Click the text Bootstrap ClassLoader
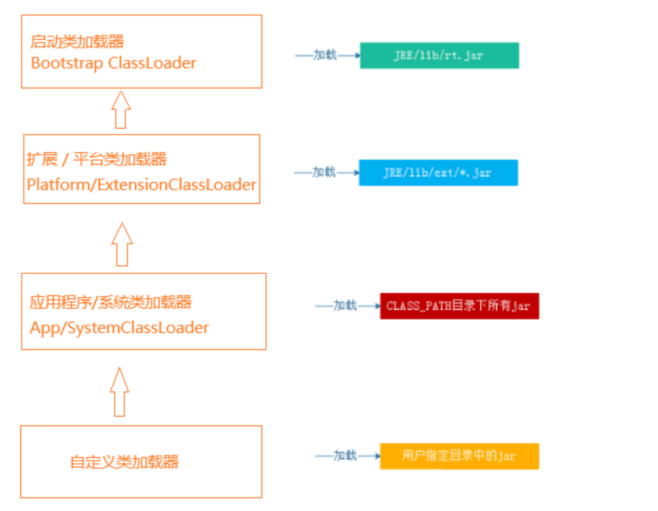pyautogui.click(x=114, y=63)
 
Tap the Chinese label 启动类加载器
pyautogui.click(x=78, y=42)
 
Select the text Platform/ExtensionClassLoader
pyautogui.click(x=142, y=184)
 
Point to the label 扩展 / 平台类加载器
pyautogui.click(x=97, y=160)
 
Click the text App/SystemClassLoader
pyautogui.click(x=119, y=327)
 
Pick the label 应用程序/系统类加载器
pyautogui.click(x=111, y=303)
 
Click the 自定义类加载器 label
pyautogui.click(x=124, y=462)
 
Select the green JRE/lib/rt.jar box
pyautogui.click(x=439, y=56)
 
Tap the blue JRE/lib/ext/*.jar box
pyautogui.click(x=438, y=173)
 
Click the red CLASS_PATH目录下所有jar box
pyautogui.click(x=459, y=306)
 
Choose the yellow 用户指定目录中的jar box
pyautogui.click(x=459, y=456)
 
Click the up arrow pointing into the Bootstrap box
pyautogui.click(x=121, y=109)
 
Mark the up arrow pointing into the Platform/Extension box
pyautogui.click(x=122, y=244)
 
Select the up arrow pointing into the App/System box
pyautogui.click(x=120, y=392)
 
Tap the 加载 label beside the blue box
pyautogui.click(x=324, y=172)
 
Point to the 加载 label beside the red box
pyautogui.click(x=345, y=306)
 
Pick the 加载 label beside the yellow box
pyautogui.click(x=345, y=455)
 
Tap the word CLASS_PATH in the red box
pyautogui.click(x=419, y=306)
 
